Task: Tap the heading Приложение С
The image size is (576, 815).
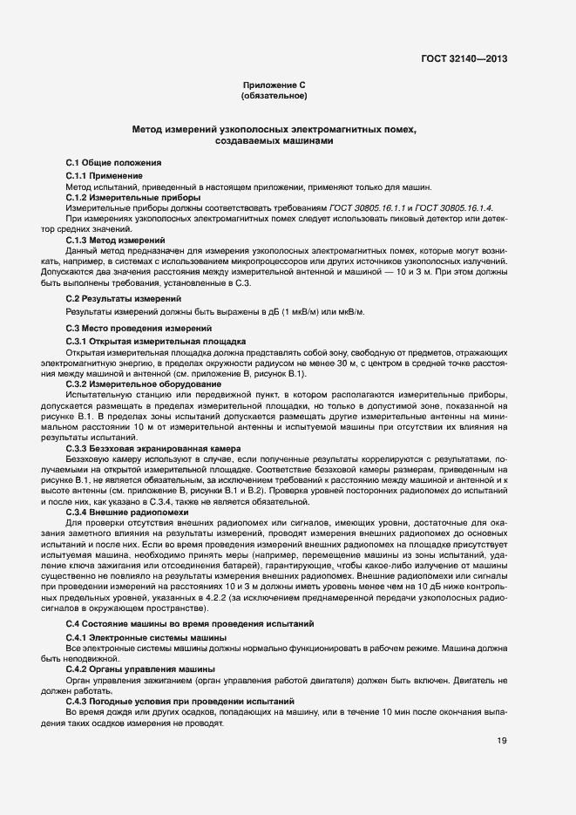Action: point(274,85)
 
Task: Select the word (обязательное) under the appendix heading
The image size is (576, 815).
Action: point(274,95)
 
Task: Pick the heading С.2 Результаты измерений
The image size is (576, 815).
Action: point(118,298)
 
